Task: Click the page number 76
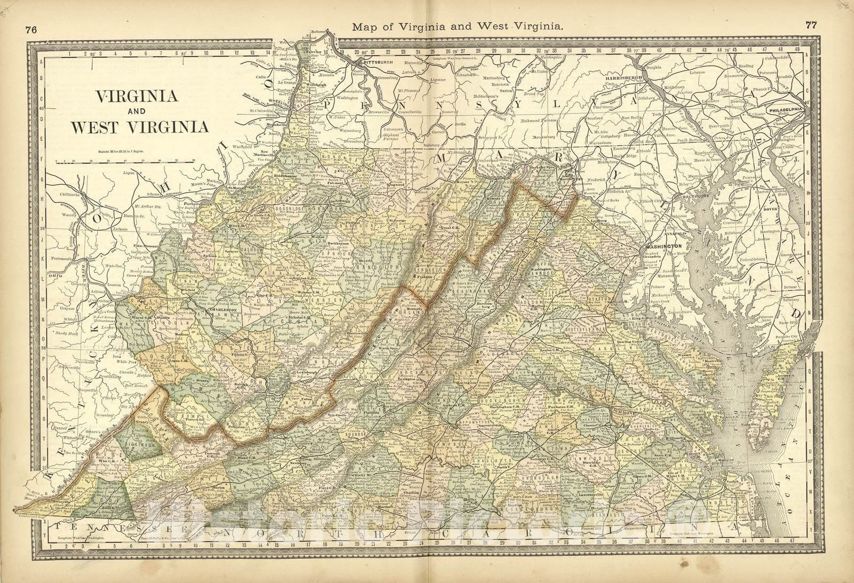pos(30,30)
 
